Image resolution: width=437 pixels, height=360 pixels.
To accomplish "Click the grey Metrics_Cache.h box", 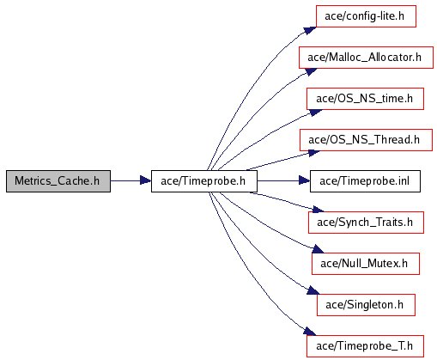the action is (x=58, y=181).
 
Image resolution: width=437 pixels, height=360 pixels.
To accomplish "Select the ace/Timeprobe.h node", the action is (x=204, y=181).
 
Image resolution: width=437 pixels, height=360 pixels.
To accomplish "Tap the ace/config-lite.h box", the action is (x=366, y=16).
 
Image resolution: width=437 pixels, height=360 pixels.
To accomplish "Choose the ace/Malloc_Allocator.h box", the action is (x=366, y=58).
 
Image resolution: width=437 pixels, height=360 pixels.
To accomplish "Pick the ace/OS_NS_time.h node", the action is (x=365, y=99).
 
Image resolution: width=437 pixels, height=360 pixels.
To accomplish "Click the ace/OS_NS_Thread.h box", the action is (x=366, y=140).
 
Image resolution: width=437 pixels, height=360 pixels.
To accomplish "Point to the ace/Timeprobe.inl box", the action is (x=365, y=181).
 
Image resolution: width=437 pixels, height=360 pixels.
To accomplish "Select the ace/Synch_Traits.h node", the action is (x=366, y=223).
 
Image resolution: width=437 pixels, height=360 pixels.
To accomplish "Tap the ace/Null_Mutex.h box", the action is (x=366, y=264).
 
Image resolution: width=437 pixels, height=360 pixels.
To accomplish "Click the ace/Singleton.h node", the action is (x=366, y=305).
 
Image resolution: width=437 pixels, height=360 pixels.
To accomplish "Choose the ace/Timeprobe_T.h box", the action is (x=365, y=346).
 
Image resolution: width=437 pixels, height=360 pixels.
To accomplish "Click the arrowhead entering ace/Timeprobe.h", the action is (x=145, y=180).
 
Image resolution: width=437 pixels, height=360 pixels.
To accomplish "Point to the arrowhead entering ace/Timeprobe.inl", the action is (x=304, y=180).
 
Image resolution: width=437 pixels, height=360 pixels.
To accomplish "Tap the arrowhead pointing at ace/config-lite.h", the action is (x=310, y=30).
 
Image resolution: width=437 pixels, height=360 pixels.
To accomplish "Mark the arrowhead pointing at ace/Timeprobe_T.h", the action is (x=310, y=332).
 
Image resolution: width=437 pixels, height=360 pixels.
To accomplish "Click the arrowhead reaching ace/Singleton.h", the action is (x=313, y=290).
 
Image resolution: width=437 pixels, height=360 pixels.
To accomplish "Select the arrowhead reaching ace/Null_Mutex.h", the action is (x=318, y=249).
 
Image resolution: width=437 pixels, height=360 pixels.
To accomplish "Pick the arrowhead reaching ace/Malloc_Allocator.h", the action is (x=311, y=71).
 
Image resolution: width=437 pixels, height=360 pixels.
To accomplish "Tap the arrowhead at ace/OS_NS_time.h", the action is (x=316, y=113).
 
